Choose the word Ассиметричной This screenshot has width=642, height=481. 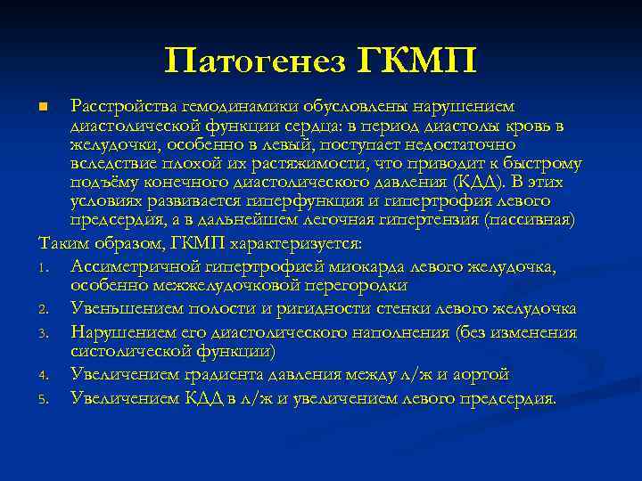coord(133,266)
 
